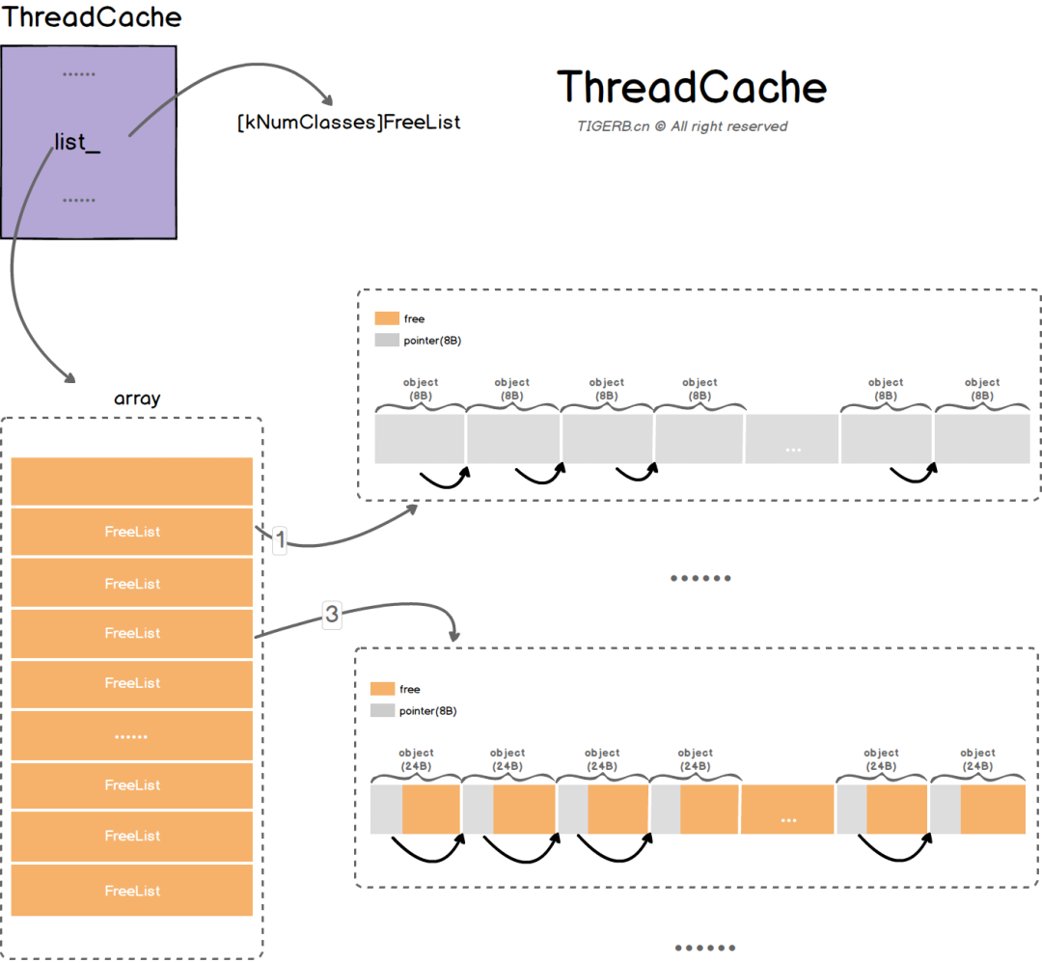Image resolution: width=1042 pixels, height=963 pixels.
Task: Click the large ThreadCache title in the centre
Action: click(692, 87)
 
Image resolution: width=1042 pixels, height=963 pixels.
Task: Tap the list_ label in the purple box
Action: click(77, 143)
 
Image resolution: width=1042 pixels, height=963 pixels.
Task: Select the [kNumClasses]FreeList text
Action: click(348, 123)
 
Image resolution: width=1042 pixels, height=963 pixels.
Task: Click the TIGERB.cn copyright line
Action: click(682, 126)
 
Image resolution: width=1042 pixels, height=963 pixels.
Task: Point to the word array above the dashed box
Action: click(137, 399)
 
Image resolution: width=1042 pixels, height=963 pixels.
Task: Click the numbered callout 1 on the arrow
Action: click(280, 540)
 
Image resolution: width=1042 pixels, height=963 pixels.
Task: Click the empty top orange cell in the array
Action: click(132, 481)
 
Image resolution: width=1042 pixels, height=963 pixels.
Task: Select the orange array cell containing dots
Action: click(132, 735)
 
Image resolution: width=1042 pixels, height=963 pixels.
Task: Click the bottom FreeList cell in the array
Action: click(132, 891)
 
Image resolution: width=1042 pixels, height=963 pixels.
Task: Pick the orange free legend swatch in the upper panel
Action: click(386, 318)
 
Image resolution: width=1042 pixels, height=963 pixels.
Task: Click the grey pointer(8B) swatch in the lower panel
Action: click(383, 710)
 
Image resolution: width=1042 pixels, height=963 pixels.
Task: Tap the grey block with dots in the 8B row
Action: click(792, 440)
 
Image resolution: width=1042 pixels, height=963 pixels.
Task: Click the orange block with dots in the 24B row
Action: click(787, 810)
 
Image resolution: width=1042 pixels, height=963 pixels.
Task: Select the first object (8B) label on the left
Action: click(419, 389)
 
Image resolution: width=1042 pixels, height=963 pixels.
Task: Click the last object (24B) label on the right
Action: click(977, 759)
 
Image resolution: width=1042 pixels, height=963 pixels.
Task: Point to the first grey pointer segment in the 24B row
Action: click(386, 810)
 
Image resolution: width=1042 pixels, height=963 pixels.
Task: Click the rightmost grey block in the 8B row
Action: click(982, 440)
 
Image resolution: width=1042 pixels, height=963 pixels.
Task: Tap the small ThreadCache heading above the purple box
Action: click(92, 17)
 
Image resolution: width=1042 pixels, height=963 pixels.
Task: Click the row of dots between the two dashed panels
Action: click(700, 578)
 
